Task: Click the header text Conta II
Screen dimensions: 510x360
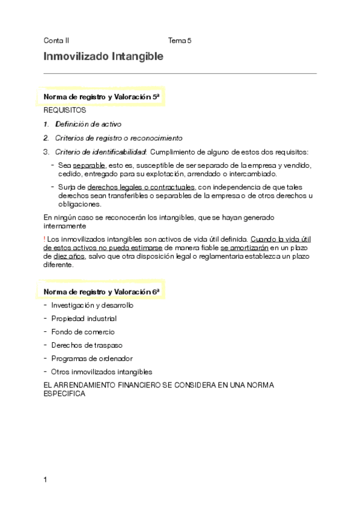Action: pyautogui.click(x=56, y=41)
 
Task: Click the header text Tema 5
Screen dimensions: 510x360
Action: pyautogui.click(x=180, y=41)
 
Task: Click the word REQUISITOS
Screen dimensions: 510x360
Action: pyautogui.click(x=65, y=111)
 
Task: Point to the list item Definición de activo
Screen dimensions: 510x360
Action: pyautogui.click(x=88, y=124)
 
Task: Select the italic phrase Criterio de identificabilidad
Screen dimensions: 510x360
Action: pyautogui.click(x=101, y=152)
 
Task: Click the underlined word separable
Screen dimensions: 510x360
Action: pyautogui.click(x=89, y=165)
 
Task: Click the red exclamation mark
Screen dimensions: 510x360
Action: pyautogui.click(x=45, y=239)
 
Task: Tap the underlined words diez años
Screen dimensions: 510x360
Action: pyautogui.click(x=66, y=256)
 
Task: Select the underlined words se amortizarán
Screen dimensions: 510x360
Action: pyautogui.click(x=245, y=247)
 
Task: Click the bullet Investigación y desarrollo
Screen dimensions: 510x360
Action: pyautogui.click(x=93, y=305)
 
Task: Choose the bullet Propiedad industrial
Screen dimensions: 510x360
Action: pyautogui.click(x=84, y=318)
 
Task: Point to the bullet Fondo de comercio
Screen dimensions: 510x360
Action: pyautogui.click(x=83, y=331)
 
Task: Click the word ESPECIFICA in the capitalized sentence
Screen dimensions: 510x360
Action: pyautogui.click(x=64, y=395)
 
